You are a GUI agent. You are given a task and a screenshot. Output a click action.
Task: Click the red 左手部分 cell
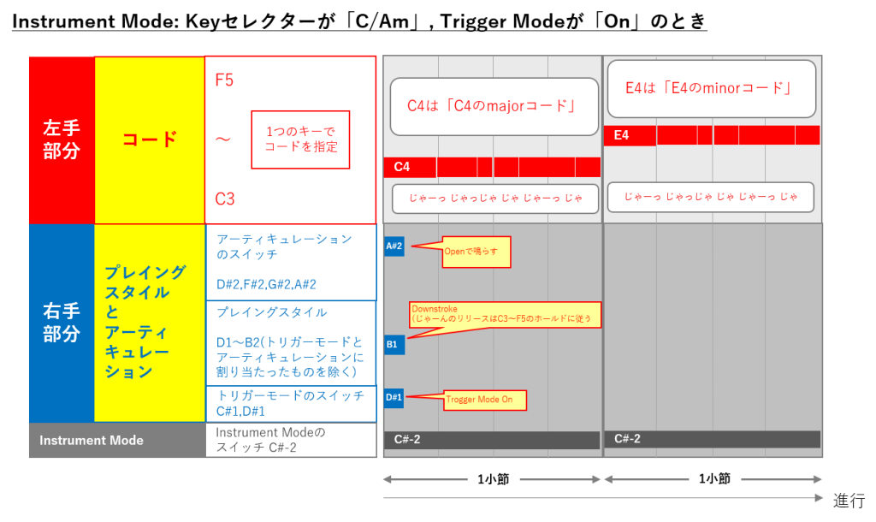pyautogui.click(x=62, y=139)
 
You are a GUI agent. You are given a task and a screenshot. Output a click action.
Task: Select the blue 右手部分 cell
pyautogui.click(x=62, y=322)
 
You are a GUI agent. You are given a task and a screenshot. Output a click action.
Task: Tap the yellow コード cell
pyautogui.click(x=150, y=139)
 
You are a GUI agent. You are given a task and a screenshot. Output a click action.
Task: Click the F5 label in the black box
pyautogui.click(x=225, y=80)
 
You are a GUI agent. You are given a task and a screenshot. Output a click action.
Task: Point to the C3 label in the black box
pyautogui.click(x=225, y=199)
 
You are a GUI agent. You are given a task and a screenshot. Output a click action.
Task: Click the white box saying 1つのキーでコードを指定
pyautogui.click(x=300, y=139)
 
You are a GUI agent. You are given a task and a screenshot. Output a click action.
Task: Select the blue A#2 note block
pyautogui.click(x=394, y=246)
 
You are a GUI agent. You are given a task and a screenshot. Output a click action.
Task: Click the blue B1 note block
pyautogui.click(x=394, y=345)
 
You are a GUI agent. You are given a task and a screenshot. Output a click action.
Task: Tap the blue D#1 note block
pyautogui.click(x=394, y=397)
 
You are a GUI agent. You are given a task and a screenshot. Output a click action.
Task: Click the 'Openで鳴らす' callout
pyautogui.click(x=476, y=252)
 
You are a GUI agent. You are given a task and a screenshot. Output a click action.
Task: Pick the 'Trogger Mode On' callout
pyautogui.click(x=484, y=400)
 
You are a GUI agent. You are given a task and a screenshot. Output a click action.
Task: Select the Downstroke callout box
pyautogui.click(x=505, y=314)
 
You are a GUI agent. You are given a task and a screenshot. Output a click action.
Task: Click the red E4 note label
pyautogui.click(x=629, y=135)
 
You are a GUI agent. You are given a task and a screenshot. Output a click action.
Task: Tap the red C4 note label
pyautogui.click(x=410, y=167)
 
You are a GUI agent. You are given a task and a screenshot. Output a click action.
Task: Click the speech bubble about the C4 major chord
pyautogui.click(x=494, y=106)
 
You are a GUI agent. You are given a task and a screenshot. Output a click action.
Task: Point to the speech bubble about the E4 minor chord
pyautogui.click(x=712, y=88)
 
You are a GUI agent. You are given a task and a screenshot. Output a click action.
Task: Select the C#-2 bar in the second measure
pyautogui.click(x=712, y=439)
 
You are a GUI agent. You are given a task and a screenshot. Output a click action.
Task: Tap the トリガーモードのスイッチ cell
pyautogui.click(x=291, y=404)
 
